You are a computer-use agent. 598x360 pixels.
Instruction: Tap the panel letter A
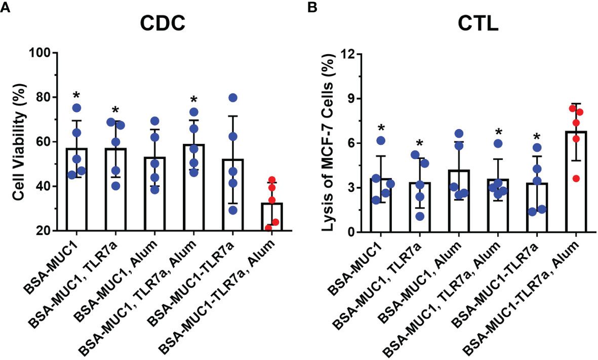point(6,7)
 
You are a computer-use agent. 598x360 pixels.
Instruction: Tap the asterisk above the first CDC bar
point(76,95)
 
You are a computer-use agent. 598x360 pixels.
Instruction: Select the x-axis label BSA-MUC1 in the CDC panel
point(53,263)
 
